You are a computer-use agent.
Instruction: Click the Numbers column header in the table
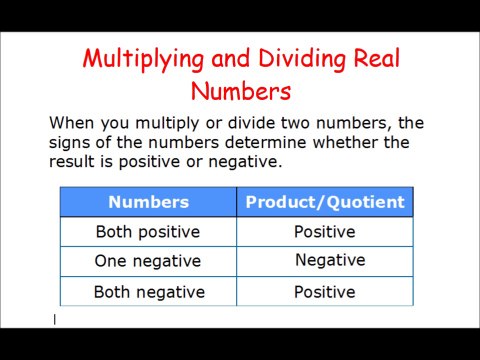[148, 202]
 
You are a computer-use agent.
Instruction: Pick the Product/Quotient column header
[325, 202]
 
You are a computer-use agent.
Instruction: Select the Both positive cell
[148, 232]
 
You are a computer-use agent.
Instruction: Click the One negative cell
[148, 261]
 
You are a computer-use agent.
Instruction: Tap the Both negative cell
[149, 292]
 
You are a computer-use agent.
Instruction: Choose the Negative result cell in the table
[330, 260]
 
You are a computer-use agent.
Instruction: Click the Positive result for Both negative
[324, 292]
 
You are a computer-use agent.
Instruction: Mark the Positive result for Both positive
[324, 232]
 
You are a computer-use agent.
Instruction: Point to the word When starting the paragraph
[72, 123]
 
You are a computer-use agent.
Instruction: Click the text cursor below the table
[55, 320]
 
